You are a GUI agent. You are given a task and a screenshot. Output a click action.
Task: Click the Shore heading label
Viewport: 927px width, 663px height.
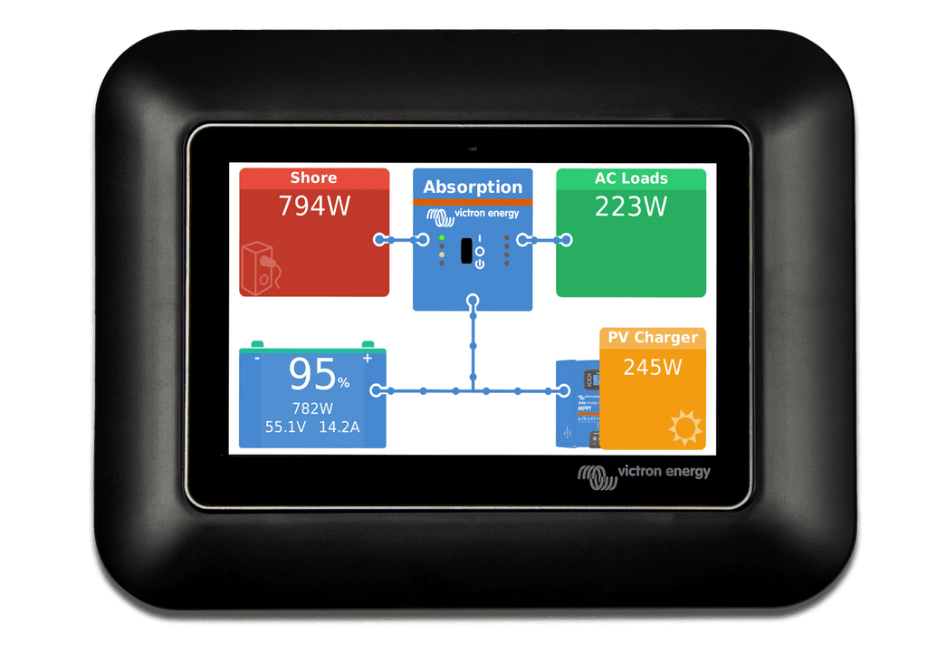(313, 178)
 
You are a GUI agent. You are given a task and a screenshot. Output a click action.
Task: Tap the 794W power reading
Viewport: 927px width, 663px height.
(314, 206)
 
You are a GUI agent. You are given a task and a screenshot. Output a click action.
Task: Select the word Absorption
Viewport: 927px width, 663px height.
(473, 187)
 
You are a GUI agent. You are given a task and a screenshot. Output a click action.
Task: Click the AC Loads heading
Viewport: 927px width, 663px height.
(631, 178)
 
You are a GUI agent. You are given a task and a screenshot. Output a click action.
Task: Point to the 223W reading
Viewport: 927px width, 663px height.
(631, 207)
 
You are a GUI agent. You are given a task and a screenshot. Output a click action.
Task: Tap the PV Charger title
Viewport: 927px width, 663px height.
(653, 337)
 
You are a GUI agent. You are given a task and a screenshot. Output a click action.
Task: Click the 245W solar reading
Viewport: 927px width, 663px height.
(653, 368)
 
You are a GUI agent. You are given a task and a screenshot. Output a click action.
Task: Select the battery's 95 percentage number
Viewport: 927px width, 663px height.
(312, 374)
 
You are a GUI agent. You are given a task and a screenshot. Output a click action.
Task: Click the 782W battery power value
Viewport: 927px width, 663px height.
(312, 408)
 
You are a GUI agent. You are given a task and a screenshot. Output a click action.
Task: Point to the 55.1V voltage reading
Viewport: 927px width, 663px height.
(285, 427)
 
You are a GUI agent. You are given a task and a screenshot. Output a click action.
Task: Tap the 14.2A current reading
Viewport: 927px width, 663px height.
(339, 427)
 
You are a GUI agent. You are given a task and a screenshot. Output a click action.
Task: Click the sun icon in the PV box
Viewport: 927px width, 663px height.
(685, 427)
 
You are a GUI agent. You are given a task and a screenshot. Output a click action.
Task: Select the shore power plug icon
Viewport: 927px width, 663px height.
(260, 268)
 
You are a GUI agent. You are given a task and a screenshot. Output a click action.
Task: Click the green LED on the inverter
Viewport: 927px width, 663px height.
(442, 238)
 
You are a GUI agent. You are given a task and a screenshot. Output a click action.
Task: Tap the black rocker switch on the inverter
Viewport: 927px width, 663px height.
(466, 251)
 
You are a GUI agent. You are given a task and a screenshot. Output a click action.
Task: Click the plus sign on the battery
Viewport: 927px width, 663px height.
(368, 358)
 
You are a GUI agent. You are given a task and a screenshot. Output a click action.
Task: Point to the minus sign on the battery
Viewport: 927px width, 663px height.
(257, 358)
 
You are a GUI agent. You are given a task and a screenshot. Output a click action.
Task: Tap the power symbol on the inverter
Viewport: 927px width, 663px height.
(480, 264)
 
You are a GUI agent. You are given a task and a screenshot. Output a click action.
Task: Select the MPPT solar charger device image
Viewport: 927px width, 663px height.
(578, 403)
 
